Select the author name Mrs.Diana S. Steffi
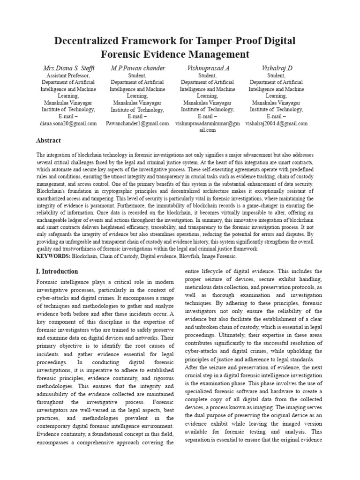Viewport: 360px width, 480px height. pyautogui.click(x=68, y=68)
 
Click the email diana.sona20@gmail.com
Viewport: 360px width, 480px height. pyautogui.click(x=68, y=123)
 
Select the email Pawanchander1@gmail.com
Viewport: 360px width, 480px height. pyautogui.click(x=137, y=123)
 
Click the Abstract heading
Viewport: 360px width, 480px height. pyautogui.click(x=48, y=140)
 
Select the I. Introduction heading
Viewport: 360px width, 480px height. pyautogui.click(x=57, y=271)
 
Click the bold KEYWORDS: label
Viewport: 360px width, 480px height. pyautogui.click(x=53, y=256)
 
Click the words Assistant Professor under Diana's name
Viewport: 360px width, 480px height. pyautogui.click(x=68, y=75)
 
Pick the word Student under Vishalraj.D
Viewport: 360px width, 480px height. pyautogui.click(x=276, y=75)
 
